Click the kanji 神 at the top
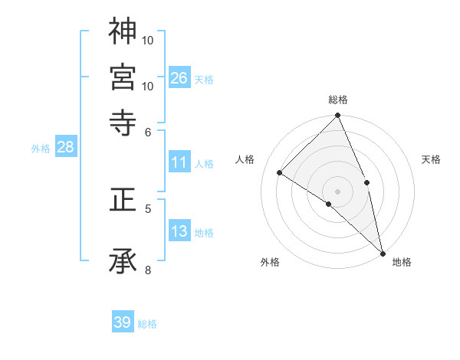[x=123, y=31]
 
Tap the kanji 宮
[x=123, y=77]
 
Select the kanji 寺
[x=123, y=123]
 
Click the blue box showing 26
[x=179, y=77]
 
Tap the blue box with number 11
[x=179, y=162]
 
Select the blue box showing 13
[x=179, y=231]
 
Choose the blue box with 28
[x=65, y=148]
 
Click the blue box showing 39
[x=123, y=322]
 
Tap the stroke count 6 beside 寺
[x=148, y=131]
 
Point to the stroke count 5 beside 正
[x=148, y=208]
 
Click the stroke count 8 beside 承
[x=148, y=269]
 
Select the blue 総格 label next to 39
[x=147, y=324]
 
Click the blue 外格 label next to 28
[x=41, y=149]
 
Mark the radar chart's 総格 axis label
[x=337, y=100]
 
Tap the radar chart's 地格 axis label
[x=402, y=262]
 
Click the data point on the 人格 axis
[x=280, y=172]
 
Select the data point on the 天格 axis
[x=366, y=182]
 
